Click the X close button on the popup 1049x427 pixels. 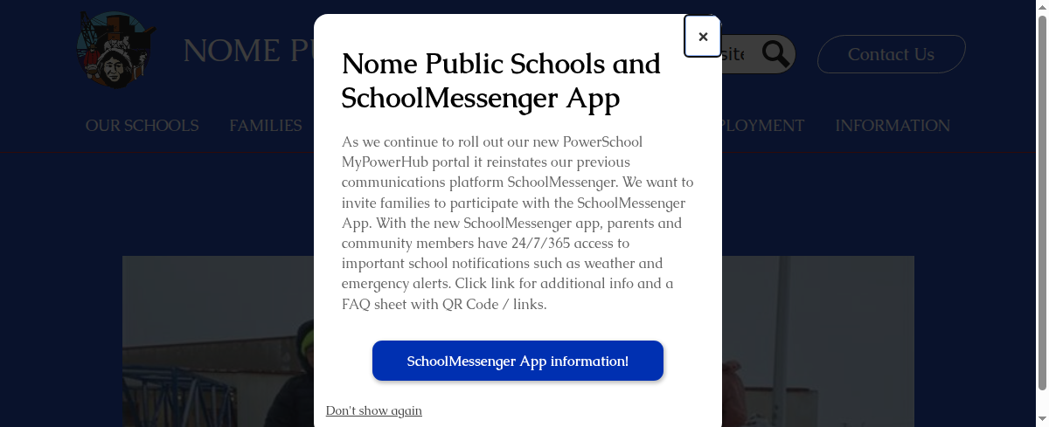coord(703,37)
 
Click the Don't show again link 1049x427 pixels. coord(373,410)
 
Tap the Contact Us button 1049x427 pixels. coord(891,54)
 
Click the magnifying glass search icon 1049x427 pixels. coord(775,54)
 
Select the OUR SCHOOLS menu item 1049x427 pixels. coord(142,126)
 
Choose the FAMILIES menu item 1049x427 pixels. coord(266,126)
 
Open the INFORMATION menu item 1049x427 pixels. coord(893,126)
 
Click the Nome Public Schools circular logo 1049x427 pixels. coord(114,50)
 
